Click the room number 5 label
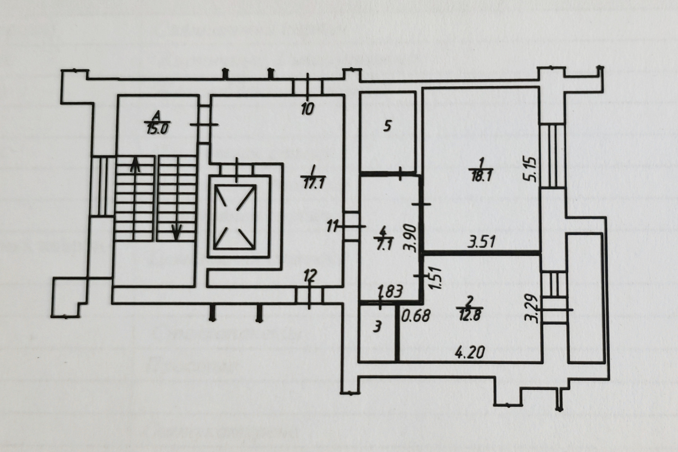point(387,126)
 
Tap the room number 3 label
point(377,327)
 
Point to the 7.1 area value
point(382,245)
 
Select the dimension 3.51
point(482,243)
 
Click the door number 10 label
point(307,109)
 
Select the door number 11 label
point(333,226)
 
